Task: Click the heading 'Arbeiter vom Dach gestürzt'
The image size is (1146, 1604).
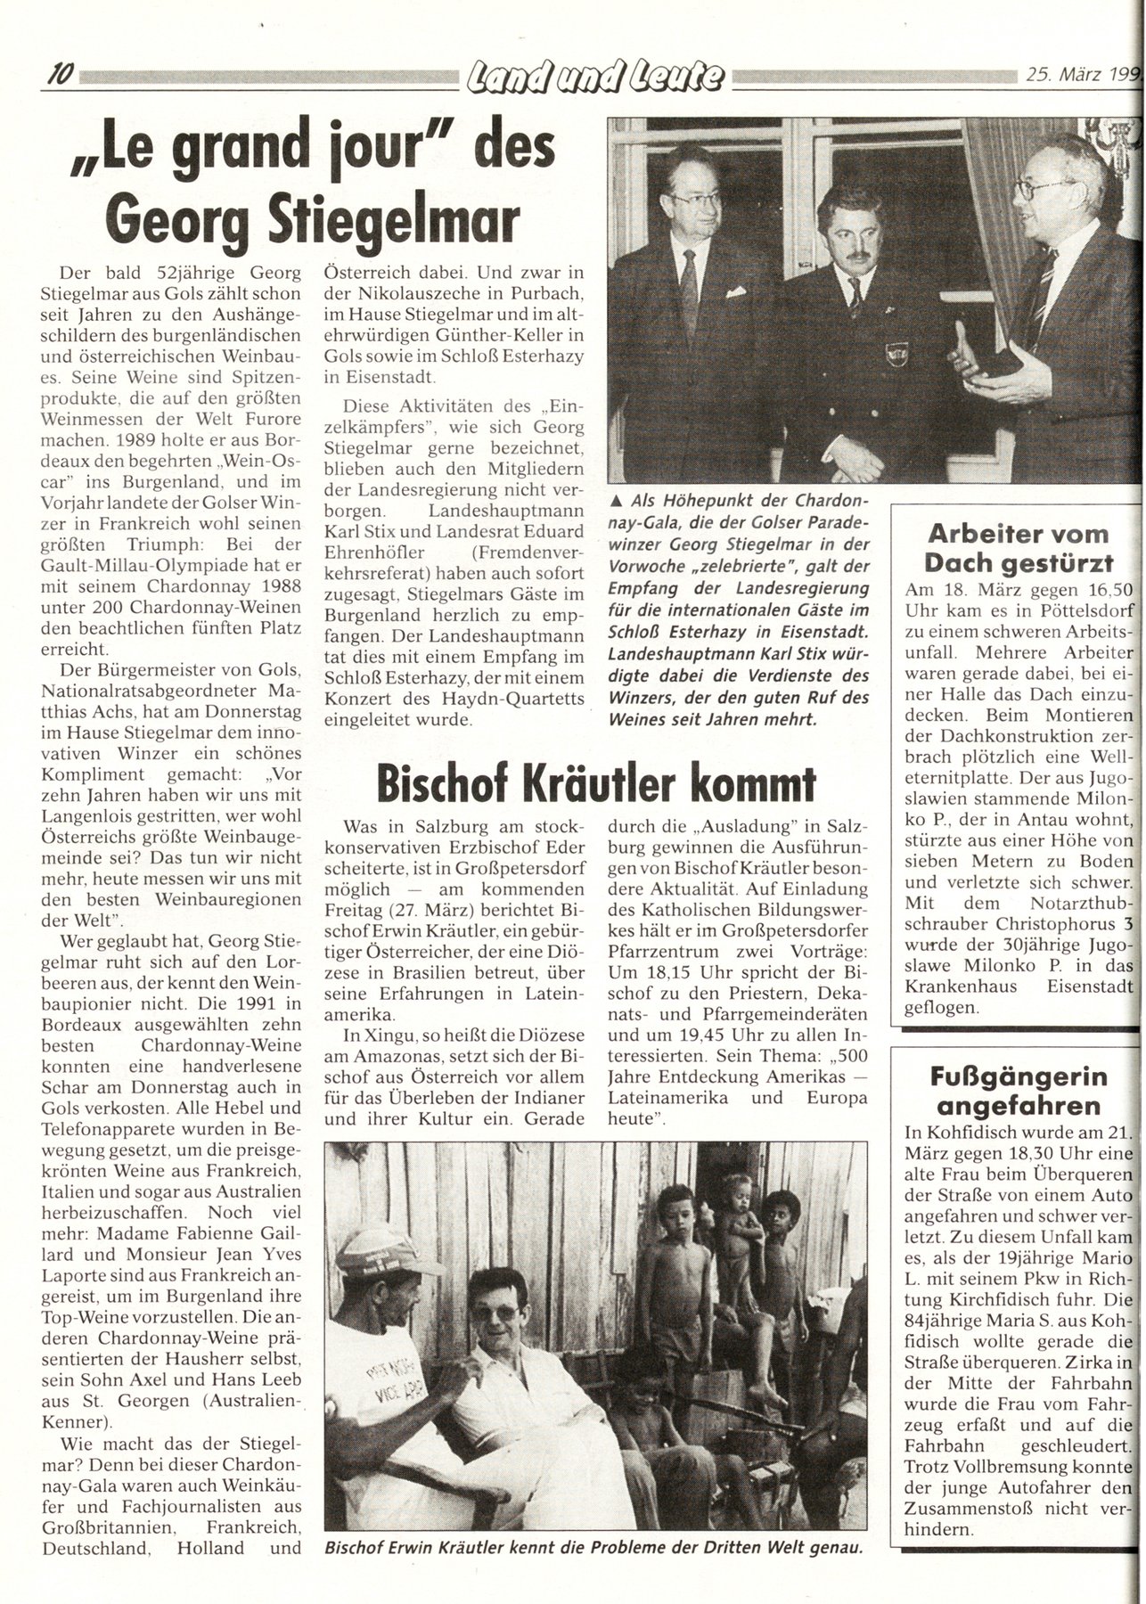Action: click(x=1019, y=548)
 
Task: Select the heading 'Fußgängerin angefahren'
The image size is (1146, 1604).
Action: click(x=1019, y=1092)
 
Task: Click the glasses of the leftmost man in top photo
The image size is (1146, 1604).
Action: click(x=695, y=199)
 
